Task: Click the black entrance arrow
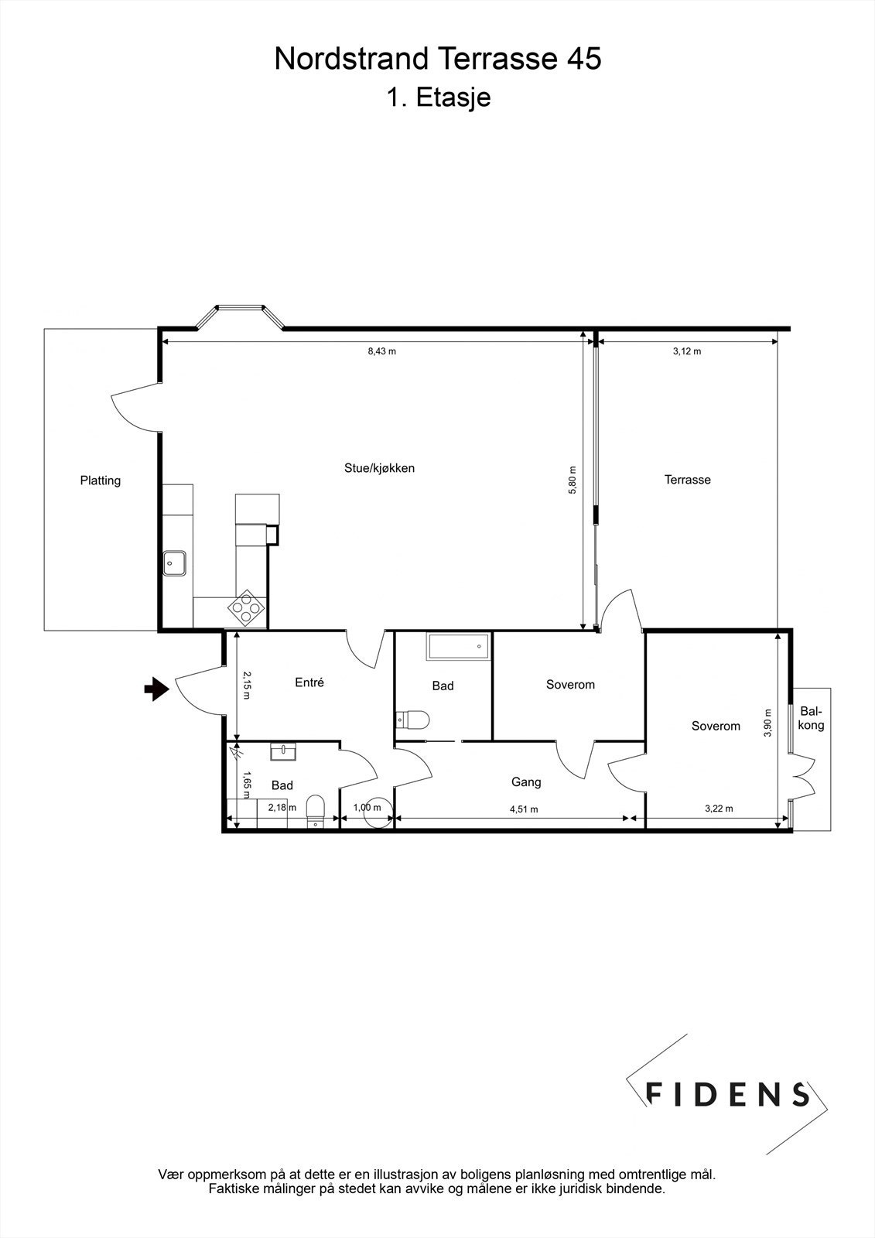157,688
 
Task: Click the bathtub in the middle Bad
458,647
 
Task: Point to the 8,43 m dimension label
381,351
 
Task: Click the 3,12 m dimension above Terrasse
687,351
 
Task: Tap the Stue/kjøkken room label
379,468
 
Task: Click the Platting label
101,480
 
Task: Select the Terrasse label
687,480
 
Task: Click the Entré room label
309,682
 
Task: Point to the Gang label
526,782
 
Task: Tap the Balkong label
812,718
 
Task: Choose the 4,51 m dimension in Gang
524,809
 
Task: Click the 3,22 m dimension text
719,809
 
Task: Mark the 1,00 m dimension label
367,808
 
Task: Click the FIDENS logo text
727,1093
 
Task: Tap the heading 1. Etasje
438,98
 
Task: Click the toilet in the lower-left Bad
315,809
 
